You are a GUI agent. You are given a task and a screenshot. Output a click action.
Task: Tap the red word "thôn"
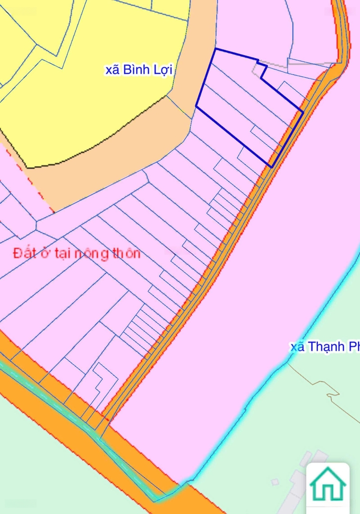point(126,253)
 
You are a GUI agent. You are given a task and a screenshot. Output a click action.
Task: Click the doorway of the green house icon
point(328,493)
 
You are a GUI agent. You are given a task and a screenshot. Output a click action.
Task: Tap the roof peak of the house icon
point(328,469)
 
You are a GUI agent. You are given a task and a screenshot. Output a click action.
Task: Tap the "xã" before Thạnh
point(297,347)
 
